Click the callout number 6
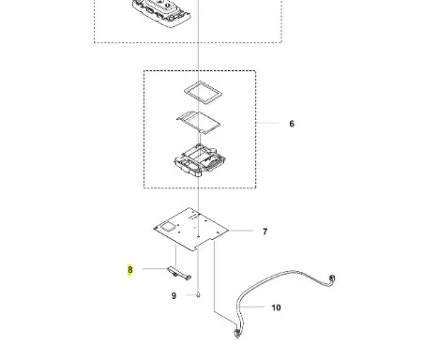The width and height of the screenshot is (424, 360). tap(292, 124)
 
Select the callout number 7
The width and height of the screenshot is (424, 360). tap(265, 232)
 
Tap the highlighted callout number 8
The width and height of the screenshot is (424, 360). tap(130, 269)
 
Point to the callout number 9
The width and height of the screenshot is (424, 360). tap(174, 295)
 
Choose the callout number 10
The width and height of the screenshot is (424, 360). tap(276, 307)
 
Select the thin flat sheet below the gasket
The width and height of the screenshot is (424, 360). tap(198, 122)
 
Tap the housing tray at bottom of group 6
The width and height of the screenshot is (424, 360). tap(200, 160)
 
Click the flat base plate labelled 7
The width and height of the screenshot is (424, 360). tap(191, 229)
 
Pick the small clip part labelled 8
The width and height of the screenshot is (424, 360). tap(178, 273)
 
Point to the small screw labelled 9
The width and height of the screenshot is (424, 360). tap(198, 294)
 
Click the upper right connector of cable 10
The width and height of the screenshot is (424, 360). tap(332, 278)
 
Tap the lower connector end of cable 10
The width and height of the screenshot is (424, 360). tap(237, 334)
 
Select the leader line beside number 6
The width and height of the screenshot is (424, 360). tap(268, 123)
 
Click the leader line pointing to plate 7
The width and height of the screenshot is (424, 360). tap(241, 231)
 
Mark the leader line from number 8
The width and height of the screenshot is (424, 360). tap(155, 268)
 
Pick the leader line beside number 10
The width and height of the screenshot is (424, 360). tap(252, 307)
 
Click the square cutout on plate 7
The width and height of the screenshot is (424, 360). tap(168, 227)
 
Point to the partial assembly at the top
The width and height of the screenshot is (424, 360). tap(161, 12)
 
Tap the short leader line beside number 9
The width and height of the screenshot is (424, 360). tap(190, 294)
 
